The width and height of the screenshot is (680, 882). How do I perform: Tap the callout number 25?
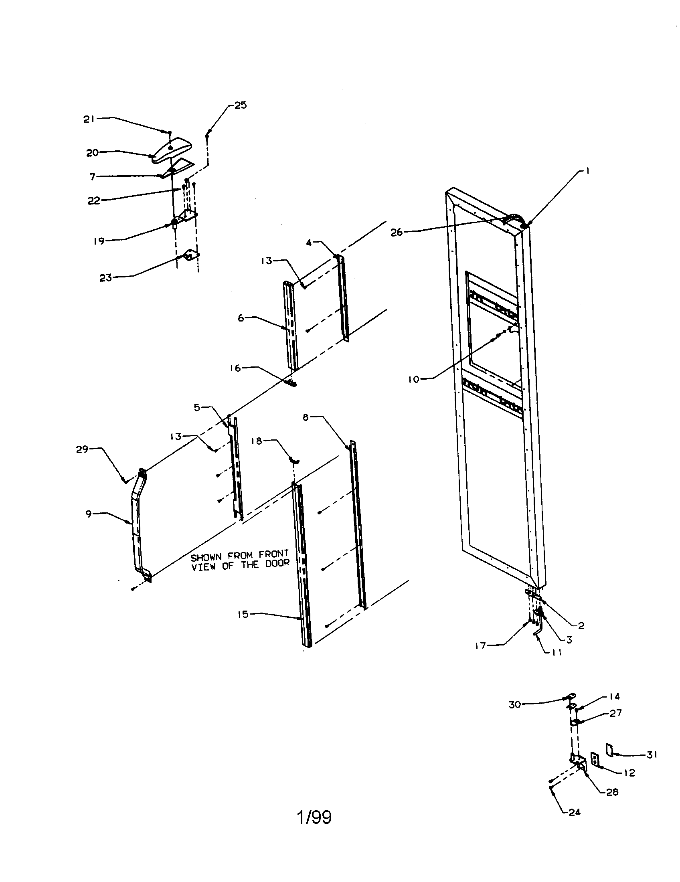click(241, 105)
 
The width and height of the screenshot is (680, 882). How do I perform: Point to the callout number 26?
click(397, 233)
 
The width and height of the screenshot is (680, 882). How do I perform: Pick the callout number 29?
click(82, 449)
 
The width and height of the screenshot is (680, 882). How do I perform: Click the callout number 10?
click(414, 379)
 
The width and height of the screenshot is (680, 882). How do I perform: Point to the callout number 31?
click(652, 755)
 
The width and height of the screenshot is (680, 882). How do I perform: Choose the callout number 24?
click(575, 812)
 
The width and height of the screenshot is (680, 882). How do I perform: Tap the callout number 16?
click(235, 368)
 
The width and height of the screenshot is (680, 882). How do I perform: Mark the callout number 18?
click(257, 441)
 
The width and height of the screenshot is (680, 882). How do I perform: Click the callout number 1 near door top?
click(587, 171)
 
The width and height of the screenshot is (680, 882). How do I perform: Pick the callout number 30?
click(515, 705)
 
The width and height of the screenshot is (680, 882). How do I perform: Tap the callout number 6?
click(241, 318)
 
